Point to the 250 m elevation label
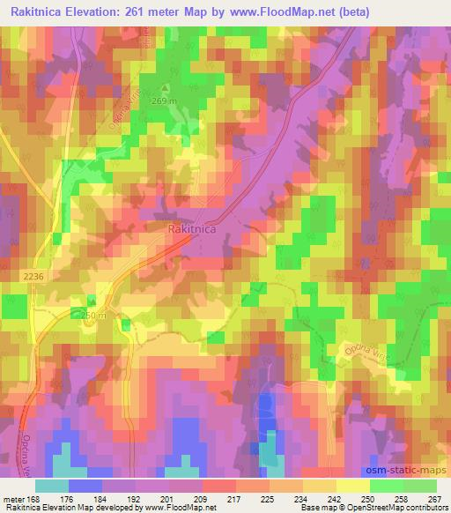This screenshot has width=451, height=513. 92,316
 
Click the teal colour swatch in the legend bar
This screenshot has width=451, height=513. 51,485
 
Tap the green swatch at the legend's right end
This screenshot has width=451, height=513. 419,485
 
